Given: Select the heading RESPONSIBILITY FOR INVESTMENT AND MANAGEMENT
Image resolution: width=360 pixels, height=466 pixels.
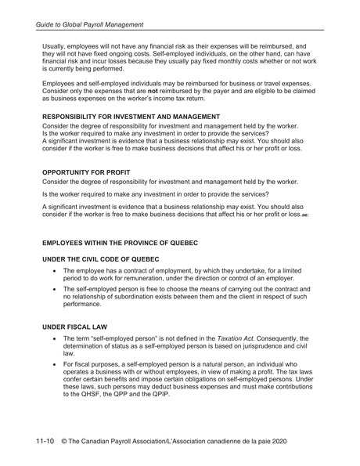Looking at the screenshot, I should [131, 117].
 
